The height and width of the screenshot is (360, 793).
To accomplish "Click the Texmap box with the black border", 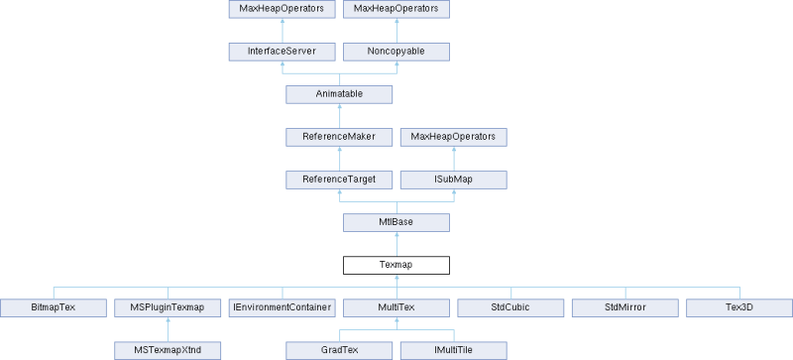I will (x=396, y=265).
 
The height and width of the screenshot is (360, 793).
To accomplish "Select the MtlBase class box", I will (x=396, y=222).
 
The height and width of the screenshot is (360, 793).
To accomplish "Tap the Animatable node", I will (x=339, y=94).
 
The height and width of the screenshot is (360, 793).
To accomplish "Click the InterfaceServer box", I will (x=282, y=52).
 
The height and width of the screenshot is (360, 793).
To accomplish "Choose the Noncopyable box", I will (x=396, y=52).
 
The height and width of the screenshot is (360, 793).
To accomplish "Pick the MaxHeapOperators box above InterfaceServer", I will (x=282, y=9).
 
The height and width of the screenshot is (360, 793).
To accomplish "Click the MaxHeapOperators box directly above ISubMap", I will (x=454, y=137).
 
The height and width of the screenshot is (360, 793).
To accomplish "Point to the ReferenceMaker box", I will (x=339, y=137).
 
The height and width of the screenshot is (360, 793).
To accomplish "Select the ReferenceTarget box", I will (x=339, y=180).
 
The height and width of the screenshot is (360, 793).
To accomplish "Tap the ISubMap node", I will (x=454, y=180).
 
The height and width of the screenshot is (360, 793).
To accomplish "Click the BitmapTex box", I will (x=53, y=307).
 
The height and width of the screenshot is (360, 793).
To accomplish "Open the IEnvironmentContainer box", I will (x=282, y=307).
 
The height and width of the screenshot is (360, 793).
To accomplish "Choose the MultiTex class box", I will (x=396, y=307).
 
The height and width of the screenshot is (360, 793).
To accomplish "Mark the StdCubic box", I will (x=510, y=307).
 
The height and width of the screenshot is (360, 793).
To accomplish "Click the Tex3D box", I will (x=739, y=307).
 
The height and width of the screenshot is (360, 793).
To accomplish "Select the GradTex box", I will (x=339, y=350).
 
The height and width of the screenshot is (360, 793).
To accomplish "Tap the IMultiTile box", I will (x=454, y=350).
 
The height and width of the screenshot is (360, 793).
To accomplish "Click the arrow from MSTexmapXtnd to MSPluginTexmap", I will (x=168, y=328).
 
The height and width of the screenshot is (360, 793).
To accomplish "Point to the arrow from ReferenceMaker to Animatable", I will (x=339, y=115).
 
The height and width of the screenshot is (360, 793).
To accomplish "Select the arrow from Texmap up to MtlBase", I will (x=396, y=243).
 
